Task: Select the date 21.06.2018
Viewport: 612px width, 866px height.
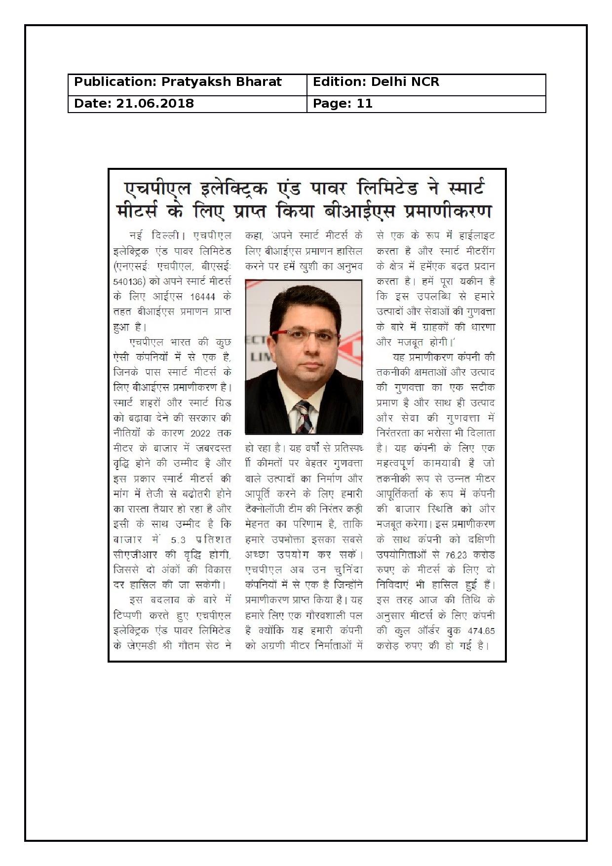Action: [x=155, y=104]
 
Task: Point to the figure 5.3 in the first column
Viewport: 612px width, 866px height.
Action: [x=178, y=540]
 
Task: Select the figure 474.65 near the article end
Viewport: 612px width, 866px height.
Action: [x=481, y=631]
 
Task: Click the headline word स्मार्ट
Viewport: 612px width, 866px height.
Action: [x=459, y=188]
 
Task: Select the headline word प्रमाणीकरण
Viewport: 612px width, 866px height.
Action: [x=448, y=211]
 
